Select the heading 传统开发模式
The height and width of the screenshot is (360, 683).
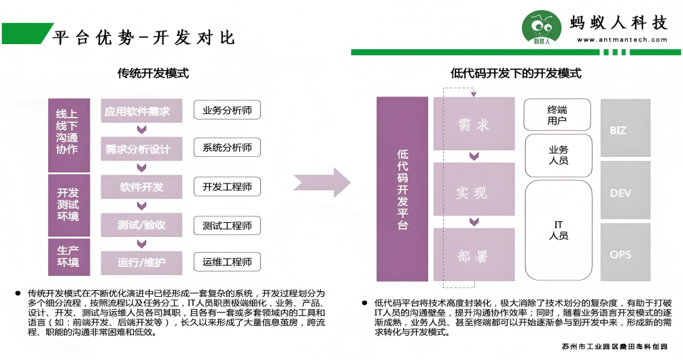tap(153, 73)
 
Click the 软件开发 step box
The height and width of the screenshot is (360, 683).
tap(141, 187)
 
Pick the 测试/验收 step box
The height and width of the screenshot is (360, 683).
tap(141, 225)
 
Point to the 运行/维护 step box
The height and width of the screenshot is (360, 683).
tap(141, 262)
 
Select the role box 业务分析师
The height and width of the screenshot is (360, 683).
tap(227, 110)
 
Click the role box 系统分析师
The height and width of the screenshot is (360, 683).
tap(227, 147)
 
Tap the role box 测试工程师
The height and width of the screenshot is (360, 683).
tap(227, 225)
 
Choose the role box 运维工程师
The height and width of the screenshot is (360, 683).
tap(227, 262)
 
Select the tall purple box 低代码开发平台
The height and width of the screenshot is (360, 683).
tap(402, 189)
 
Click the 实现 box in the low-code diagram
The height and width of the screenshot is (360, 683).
tap(473, 193)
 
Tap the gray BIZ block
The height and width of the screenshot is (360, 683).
tap(625, 129)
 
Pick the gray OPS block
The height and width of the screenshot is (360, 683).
tap(625, 254)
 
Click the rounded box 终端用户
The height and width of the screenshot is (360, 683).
tap(557, 115)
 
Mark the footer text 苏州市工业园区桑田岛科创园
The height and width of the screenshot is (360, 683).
tap(614, 347)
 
